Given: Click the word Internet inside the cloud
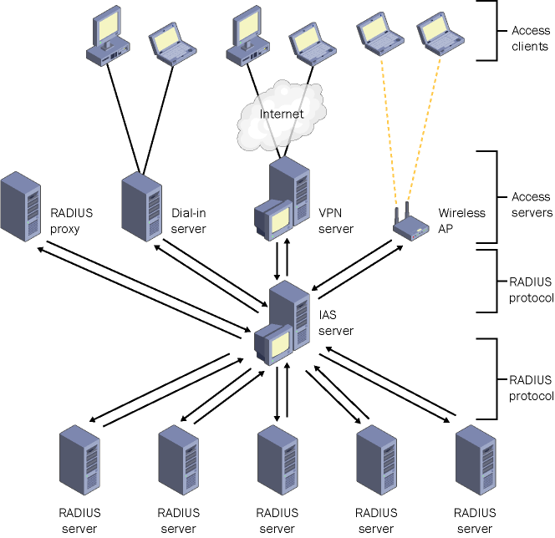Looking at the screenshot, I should click(x=281, y=114).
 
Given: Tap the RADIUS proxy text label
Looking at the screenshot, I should click(x=72, y=221).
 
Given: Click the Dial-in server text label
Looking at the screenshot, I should click(x=188, y=221).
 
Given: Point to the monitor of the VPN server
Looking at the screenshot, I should click(x=273, y=217).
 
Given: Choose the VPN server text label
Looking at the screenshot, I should click(x=336, y=221).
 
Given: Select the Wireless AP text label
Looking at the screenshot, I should click(x=461, y=221).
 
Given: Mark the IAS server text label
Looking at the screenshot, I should click(x=336, y=323).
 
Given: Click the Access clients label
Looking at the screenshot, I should click(x=531, y=38).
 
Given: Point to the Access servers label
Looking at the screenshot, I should click(x=531, y=205).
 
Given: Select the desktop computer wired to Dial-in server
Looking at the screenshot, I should click(x=109, y=37).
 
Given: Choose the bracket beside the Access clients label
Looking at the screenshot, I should click(x=487, y=31).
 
